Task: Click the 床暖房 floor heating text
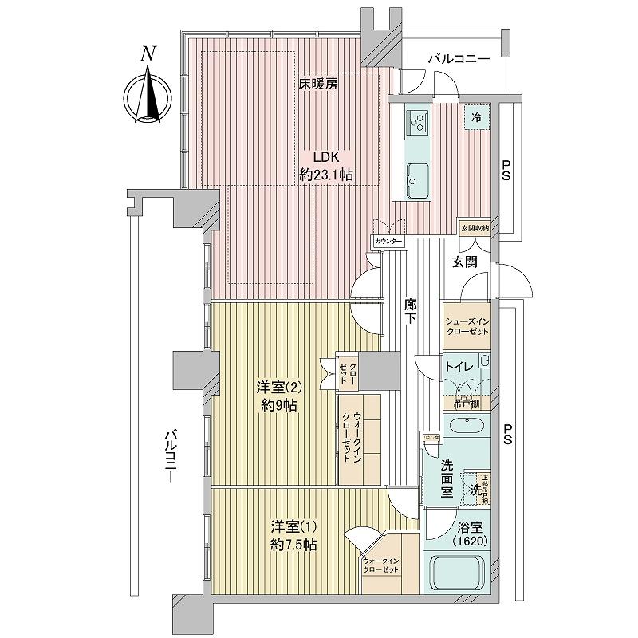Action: pyautogui.click(x=318, y=84)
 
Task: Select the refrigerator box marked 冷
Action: pyautogui.click(x=477, y=116)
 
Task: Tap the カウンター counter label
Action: pyautogui.click(x=388, y=241)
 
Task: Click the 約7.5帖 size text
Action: pyautogui.click(x=293, y=545)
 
